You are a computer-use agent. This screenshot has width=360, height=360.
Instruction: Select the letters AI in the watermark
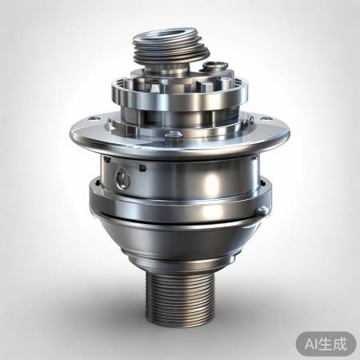pyautogui.click(x=309, y=343)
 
